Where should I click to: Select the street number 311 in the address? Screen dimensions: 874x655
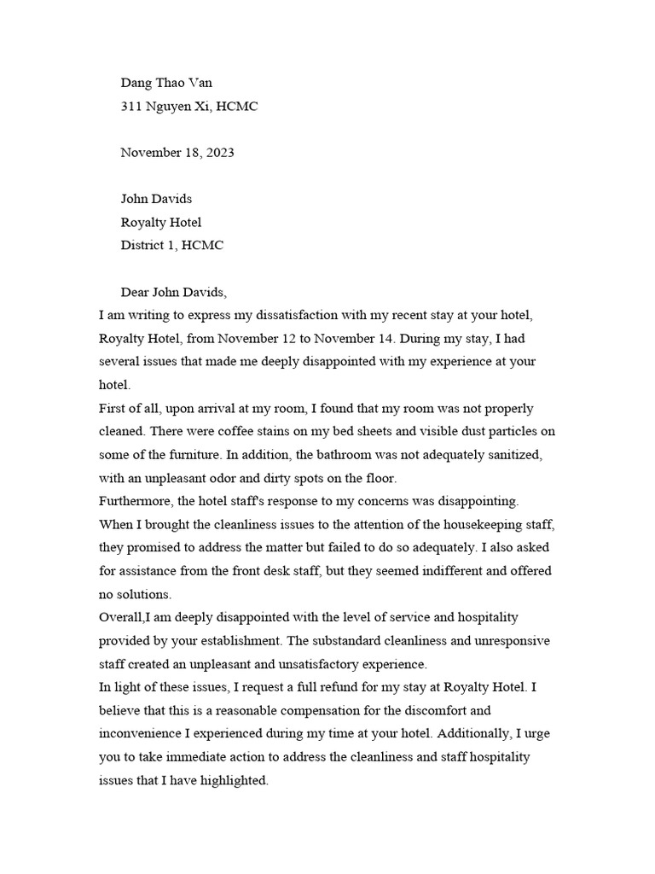[x=131, y=107]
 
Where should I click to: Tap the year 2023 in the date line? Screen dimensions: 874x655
[x=218, y=153]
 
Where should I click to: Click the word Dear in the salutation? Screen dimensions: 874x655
[x=136, y=293]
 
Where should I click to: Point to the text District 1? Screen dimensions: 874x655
[x=149, y=246]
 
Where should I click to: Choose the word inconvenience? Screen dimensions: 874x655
[x=146, y=732]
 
